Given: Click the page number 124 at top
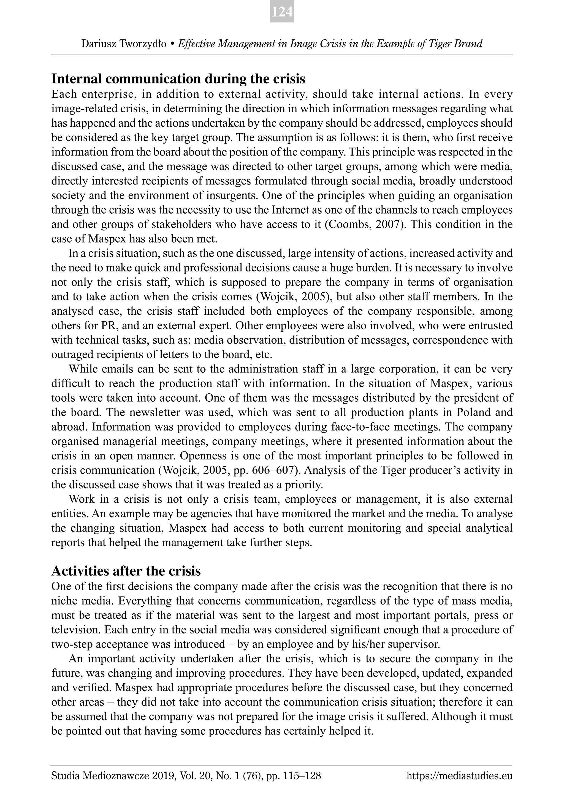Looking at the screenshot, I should coord(282,12).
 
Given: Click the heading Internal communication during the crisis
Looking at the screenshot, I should coord(178,79).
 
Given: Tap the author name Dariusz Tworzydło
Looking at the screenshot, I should coord(124,44).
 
